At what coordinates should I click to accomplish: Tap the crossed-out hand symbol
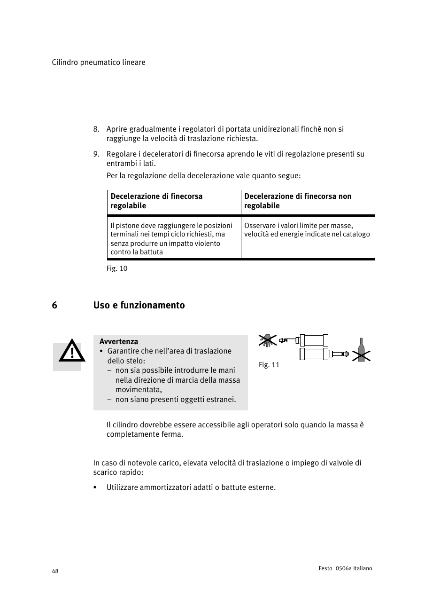(267, 340)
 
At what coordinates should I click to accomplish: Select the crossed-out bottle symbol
(361, 350)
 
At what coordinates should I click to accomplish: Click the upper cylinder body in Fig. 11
(314, 340)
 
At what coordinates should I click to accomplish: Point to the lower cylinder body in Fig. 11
(314, 354)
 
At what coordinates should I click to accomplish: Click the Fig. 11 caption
(269, 365)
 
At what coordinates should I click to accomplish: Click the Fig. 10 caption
(117, 268)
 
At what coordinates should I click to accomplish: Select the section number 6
(54, 305)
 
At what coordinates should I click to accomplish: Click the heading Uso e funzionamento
(139, 305)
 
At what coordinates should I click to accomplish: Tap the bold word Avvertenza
(118, 341)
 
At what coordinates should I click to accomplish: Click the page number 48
(55, 571)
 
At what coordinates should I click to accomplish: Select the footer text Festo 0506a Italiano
(345, 568)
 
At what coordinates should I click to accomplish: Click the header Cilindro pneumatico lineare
(99, 63)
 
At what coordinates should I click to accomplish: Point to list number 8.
(96, 129)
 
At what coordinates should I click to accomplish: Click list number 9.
(96, 154)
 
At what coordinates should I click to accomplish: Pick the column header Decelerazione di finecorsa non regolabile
(298, 201)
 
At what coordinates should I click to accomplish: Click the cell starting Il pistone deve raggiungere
(171, 238)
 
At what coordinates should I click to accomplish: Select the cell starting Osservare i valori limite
(307, 230)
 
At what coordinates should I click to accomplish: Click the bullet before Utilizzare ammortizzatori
(95, 488)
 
